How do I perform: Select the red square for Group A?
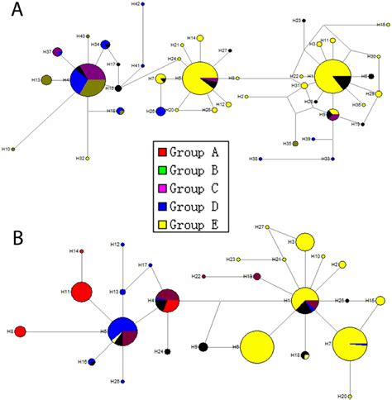coord(164,151)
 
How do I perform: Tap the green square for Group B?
coord(164,169)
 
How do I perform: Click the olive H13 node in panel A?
coord(47,80)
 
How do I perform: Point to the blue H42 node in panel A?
coord(144,5)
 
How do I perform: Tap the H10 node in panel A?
coord(16,149)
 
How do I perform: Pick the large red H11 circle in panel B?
coord(81,293)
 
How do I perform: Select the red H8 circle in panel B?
coord(21,331)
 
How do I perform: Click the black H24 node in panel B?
coord(168,351)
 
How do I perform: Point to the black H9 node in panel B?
coord(203,347)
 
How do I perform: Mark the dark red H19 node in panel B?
coord(257,276)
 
